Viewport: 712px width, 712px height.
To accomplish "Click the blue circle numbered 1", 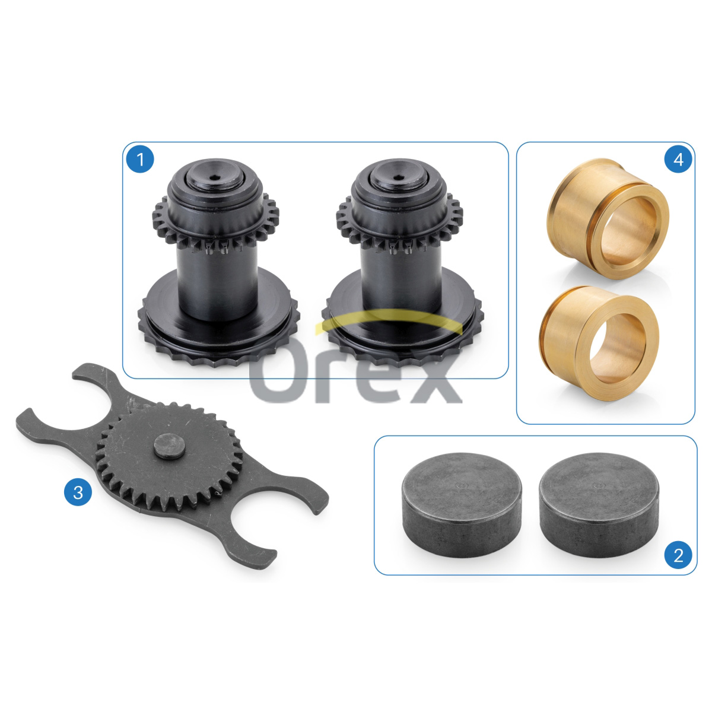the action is coord(140,160).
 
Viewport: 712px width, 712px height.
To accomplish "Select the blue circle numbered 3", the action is coord(78,492).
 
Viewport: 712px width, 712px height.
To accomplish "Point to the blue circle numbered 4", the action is coord(678,160).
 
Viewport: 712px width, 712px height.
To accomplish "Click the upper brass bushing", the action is coord(608,219).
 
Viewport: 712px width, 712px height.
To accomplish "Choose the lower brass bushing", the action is coord(599,344).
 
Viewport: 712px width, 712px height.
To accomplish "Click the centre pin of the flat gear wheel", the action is coord(169,446).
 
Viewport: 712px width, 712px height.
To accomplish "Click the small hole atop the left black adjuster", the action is coord(214,178).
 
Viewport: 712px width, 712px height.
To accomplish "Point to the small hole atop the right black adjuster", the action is coord(398,178).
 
